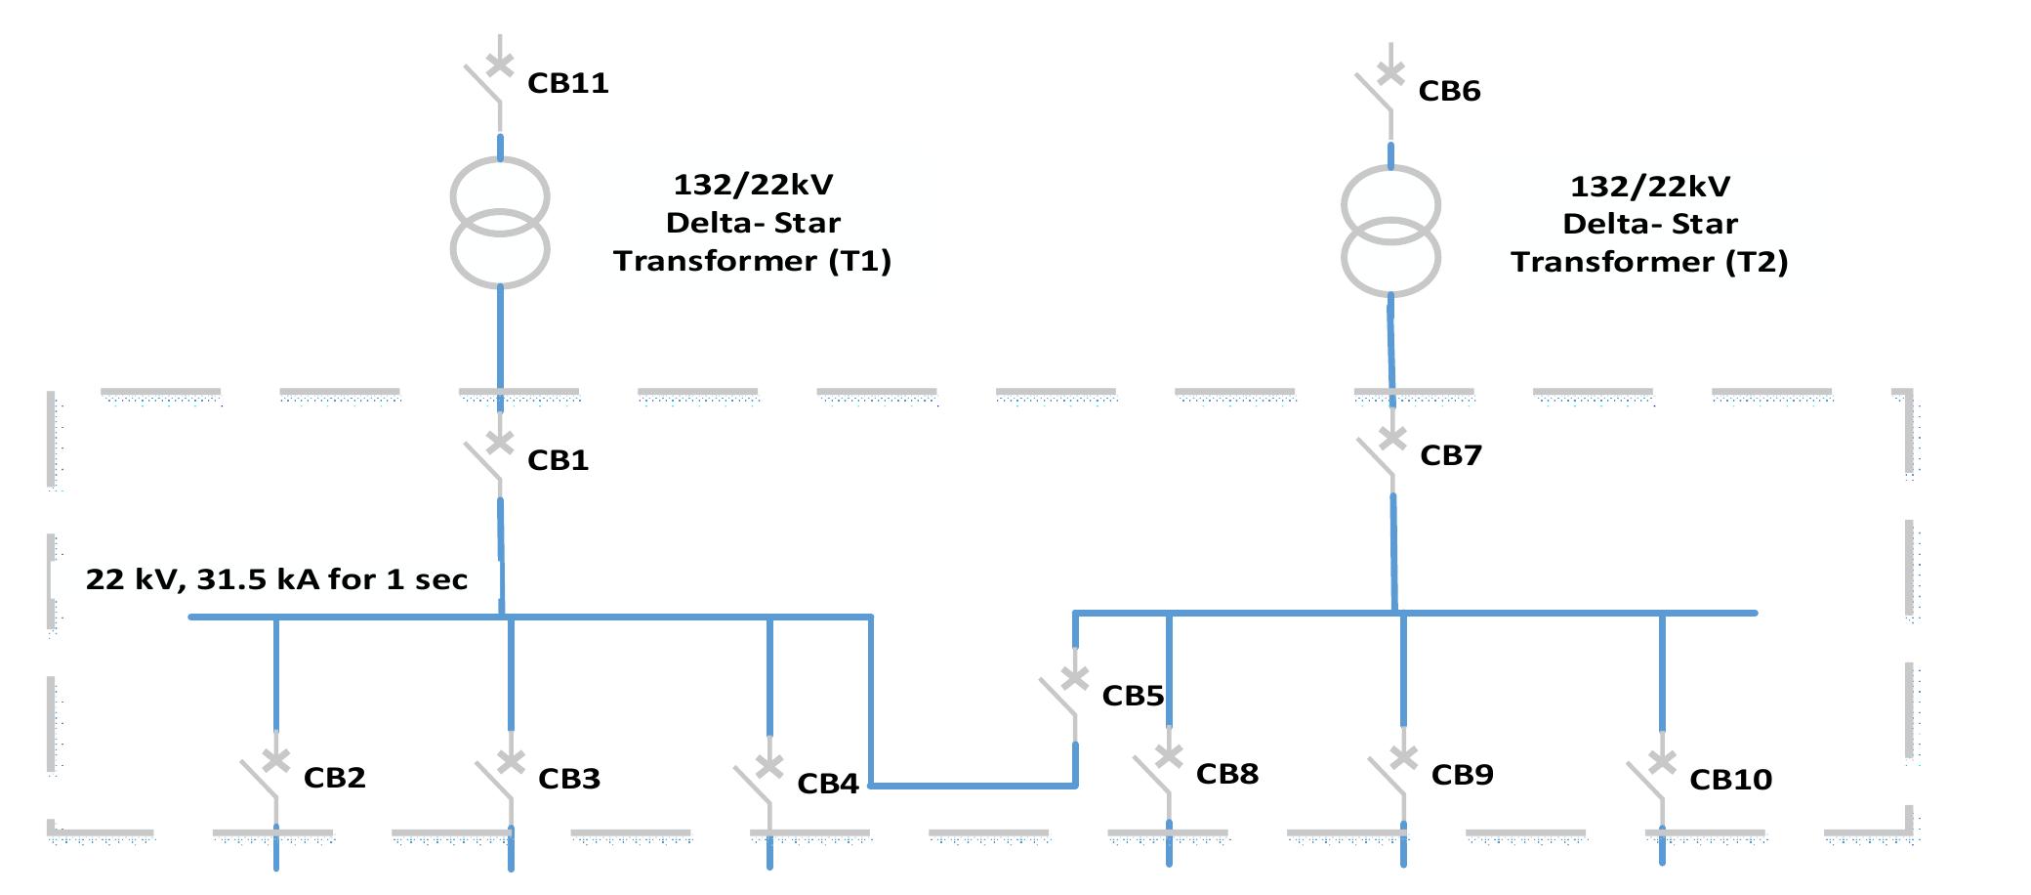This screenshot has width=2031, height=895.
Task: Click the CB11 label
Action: tap(567, 83)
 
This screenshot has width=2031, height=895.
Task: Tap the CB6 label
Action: tap(1449, 91)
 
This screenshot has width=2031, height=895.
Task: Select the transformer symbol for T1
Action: tap(500, 223)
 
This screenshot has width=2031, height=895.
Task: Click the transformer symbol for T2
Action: tap(1390, 232)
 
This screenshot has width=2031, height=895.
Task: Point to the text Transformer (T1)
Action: tap(752, 261)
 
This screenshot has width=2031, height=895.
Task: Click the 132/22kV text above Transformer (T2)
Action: tap(1650, 187)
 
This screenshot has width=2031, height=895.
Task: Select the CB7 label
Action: tap(1450, 455)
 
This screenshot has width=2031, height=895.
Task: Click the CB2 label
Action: tap(334, 778)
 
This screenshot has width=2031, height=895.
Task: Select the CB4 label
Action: tap(827, 784)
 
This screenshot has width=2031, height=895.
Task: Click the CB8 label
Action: tap(1226, 774)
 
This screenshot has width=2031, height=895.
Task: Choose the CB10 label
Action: tap(1730, 780)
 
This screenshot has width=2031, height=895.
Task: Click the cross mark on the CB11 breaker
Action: tap(500, 64)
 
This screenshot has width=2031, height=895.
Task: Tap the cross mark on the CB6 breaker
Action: tap(1390, 72)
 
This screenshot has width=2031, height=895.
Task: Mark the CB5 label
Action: tap(1133, 696)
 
